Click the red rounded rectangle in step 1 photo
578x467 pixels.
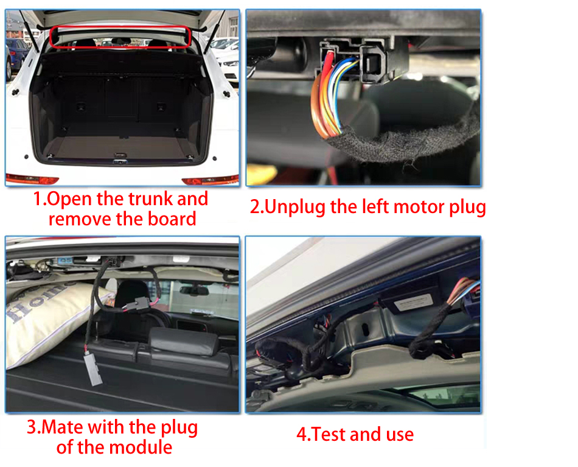(120, 27)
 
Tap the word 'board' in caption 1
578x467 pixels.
(172, 219)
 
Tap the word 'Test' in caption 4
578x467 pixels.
(327, 435)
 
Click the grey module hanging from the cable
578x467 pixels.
(93, 368)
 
